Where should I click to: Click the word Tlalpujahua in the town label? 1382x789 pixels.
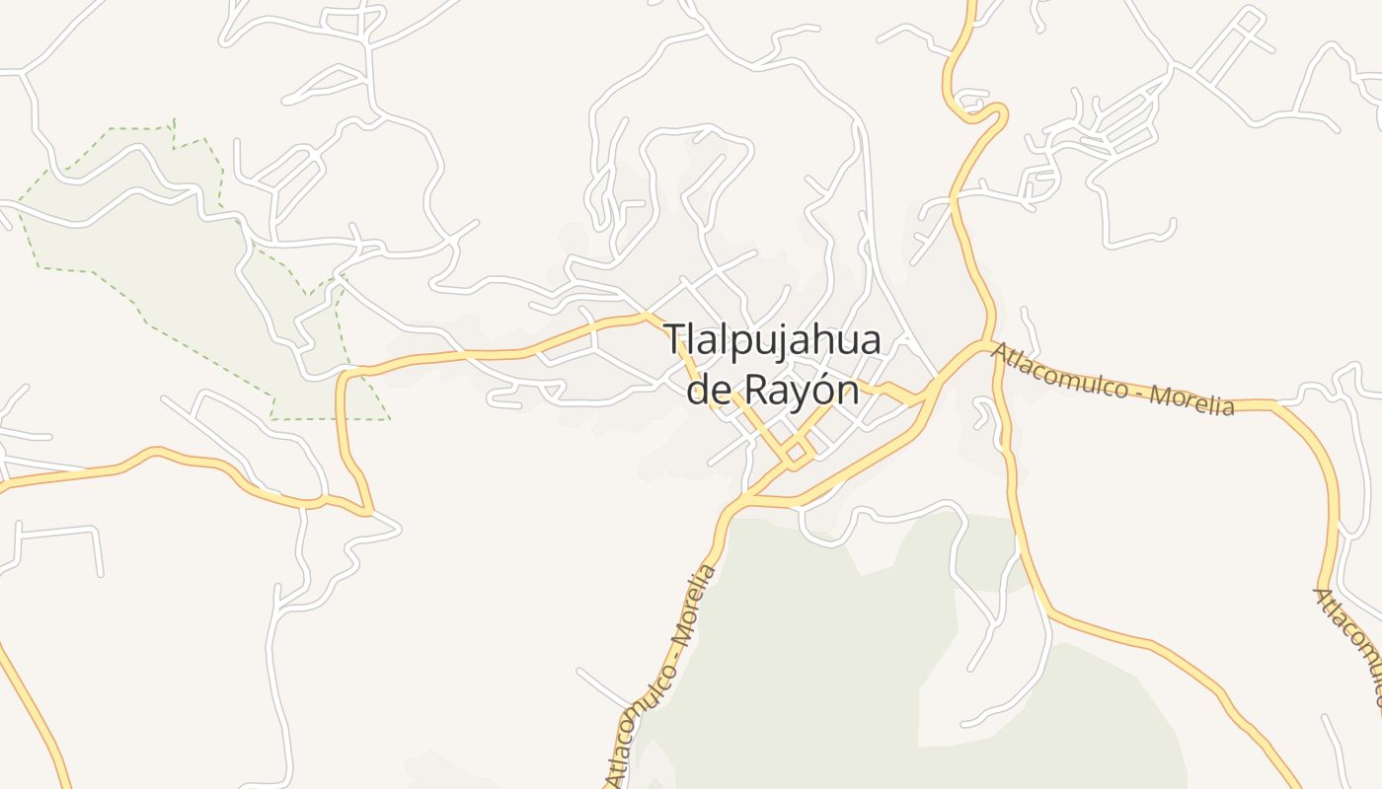[773, 341]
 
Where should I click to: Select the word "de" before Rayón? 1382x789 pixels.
[708, 390]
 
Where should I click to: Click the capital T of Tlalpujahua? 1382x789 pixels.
[675, 340]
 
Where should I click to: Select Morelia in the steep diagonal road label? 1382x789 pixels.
[692, 605]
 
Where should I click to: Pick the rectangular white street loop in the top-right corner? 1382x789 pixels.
[1229, 47]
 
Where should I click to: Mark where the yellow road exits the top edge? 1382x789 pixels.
[971, 3]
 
